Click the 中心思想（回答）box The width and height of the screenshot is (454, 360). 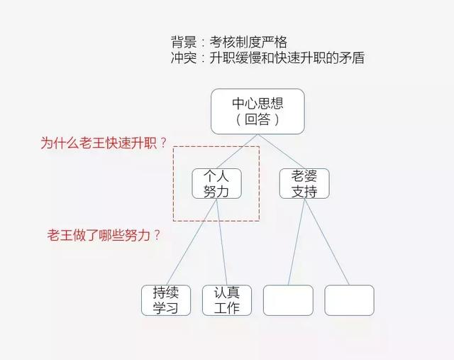click(x=258, y=111)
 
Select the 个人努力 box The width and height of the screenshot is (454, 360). click(x=217, y=183)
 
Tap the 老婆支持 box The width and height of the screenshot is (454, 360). click(x=304, y=183)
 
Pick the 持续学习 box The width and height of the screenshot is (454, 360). click(x=165, y=300)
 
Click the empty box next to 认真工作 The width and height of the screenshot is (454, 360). click(x=288, y=300)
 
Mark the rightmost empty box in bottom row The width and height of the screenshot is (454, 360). click(x=349, y=300)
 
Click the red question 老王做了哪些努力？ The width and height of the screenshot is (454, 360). click(x=104, y=234)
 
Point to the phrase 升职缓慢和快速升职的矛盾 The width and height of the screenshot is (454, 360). click(x=287, y=59)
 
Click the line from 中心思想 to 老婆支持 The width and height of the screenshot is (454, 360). click(x=280, y=150)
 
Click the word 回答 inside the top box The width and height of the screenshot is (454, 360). click(x=258, y=120)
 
